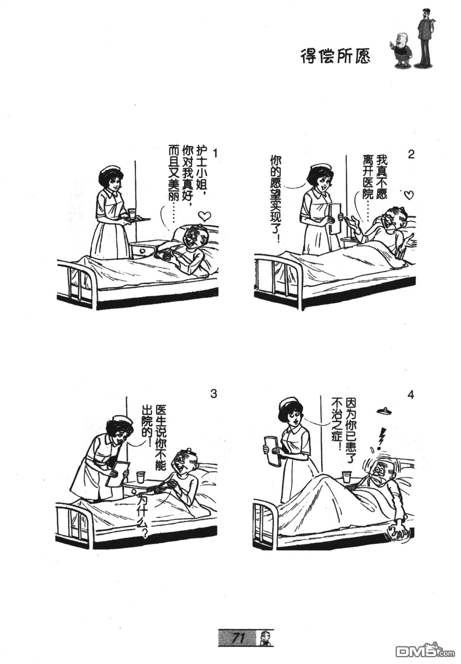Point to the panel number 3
(x=213, y=394)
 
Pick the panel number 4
(x=411, y=395)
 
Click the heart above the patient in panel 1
(x=205, y=216)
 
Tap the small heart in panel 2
(x=409, y=195)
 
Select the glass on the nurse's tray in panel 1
(x=132, y=214)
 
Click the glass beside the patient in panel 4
(x=345, y=477)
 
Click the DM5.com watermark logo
(x=425, y=651)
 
